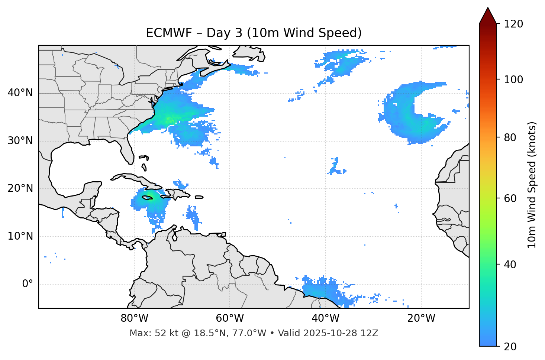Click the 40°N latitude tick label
20,93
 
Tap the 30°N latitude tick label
20,141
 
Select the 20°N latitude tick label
20,188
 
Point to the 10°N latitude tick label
20,236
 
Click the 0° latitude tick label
28,284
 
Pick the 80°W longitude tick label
134,318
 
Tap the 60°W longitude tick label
230,318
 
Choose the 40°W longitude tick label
325,318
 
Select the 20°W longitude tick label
421,318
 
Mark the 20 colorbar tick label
510,347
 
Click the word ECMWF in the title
164,33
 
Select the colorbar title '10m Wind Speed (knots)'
532,185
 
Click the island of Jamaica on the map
147,198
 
